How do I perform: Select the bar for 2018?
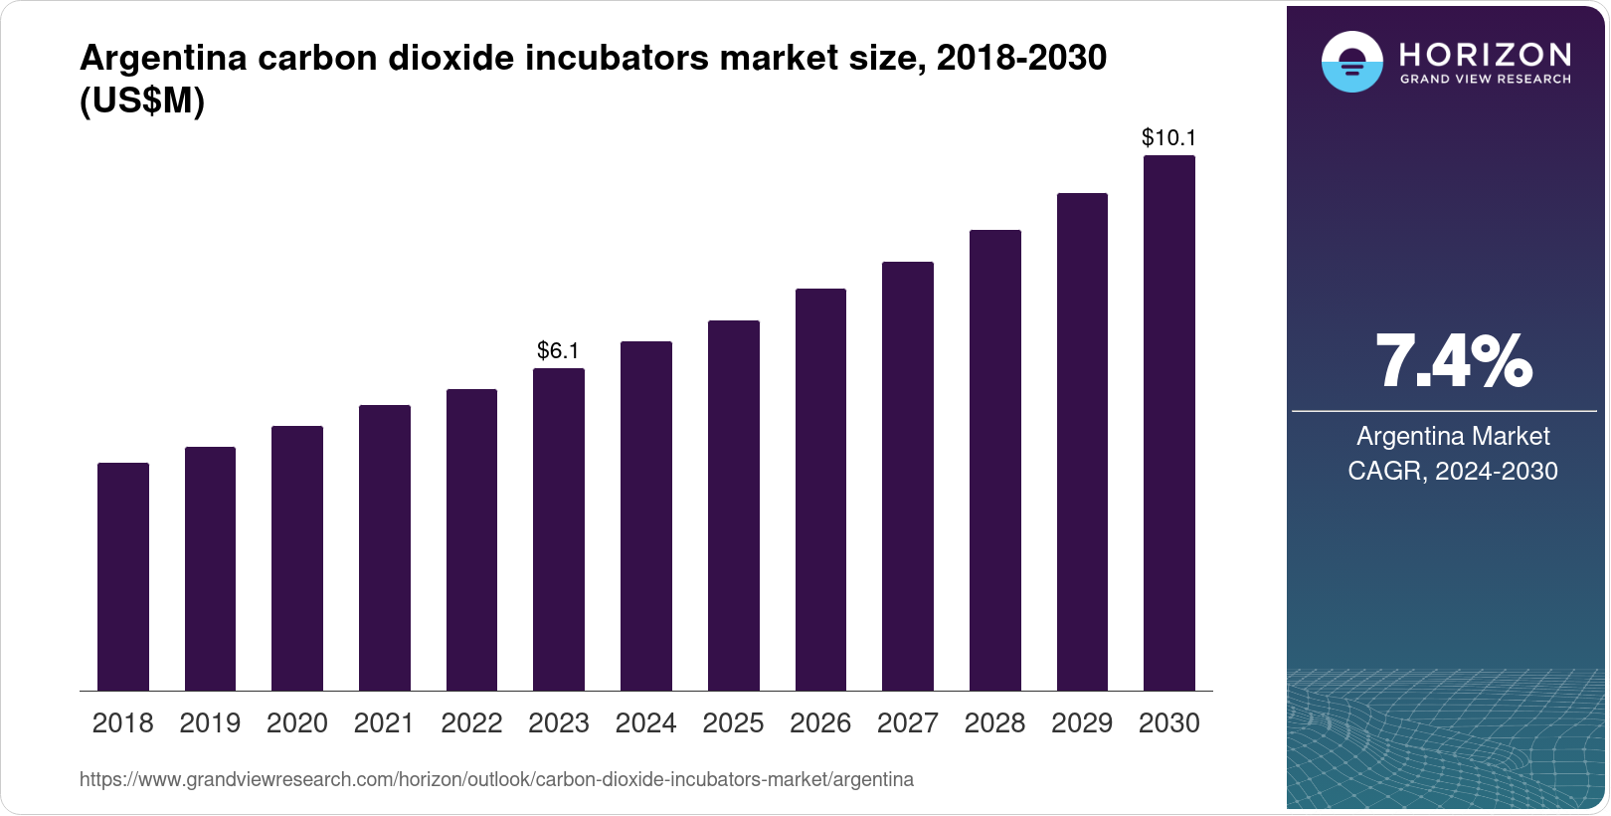[x=123, y=577]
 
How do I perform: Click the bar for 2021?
[x=385, y=547]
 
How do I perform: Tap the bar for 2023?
[x=559, y=529]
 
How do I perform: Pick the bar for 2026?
[x=820, y=490]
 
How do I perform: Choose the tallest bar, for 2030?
[x=1169, y=423]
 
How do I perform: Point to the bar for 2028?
[x=995, y=460]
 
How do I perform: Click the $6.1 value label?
[x=558, y=350]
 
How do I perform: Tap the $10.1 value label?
[x=1168, y=137]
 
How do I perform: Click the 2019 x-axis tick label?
[x=210, y=723]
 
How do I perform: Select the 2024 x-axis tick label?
[x=646, y=723]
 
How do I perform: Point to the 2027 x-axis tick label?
[x=908, y=723]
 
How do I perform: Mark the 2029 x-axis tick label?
[x=1082, y=723]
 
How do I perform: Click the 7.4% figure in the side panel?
[x=1453, y=362]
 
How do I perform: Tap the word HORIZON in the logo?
[x=1485, y=54]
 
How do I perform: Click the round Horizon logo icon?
[x=1351, y=62]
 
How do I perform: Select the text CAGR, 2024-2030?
[x=1453, y=471]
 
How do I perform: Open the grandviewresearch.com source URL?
[x=496, y=780]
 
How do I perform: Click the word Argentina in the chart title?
[x=163, y=58]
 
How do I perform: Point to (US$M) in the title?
[x=142, y=102]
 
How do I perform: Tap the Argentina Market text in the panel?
[x=1453, y=436]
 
